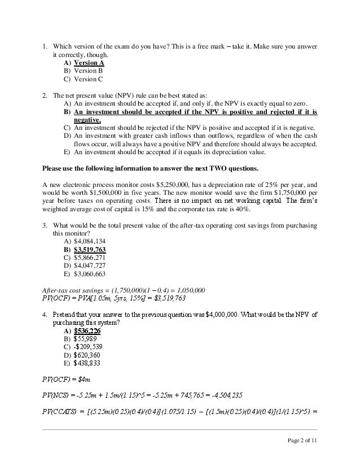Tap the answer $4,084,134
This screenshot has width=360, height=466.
coord(90,241)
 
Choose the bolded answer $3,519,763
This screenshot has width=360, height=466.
coord(90,249)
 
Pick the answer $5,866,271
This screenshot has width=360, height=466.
coord(90,257)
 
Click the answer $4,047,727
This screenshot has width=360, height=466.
coord(90,265)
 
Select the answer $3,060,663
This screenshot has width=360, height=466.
coord(90,273)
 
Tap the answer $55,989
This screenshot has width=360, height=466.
coord(85,338)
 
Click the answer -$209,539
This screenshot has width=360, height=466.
coord(88,346)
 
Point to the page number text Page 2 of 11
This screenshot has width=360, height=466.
coord(302,441)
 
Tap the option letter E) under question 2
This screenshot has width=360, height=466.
coord(67,152)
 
